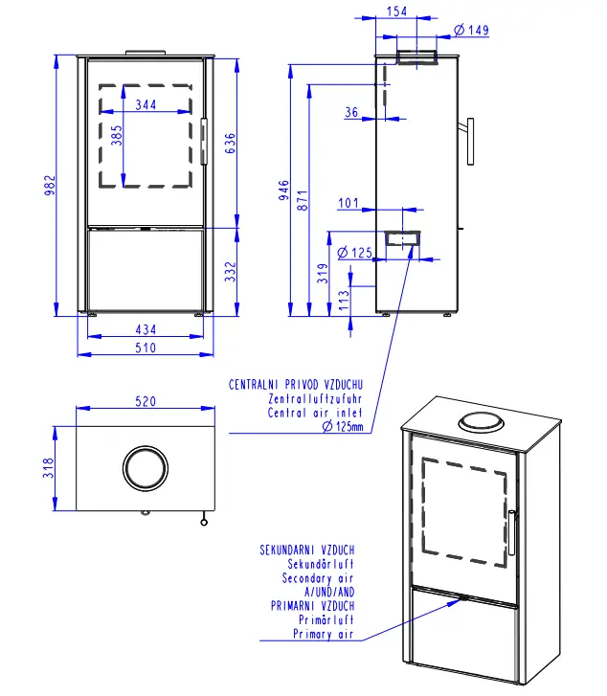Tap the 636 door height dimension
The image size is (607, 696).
[230, 143]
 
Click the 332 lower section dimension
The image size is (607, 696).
[230, 272]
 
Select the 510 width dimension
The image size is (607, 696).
[145, 348]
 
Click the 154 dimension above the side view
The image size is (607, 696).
[397, 11]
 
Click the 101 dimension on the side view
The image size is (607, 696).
[348, 203]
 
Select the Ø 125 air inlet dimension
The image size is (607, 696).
[355, 253]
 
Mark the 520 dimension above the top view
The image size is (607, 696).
[145, 402]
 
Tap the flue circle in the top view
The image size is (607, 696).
[145, 468]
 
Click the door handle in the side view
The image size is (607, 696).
[469, 141]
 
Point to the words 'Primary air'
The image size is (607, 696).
[325, 634]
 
